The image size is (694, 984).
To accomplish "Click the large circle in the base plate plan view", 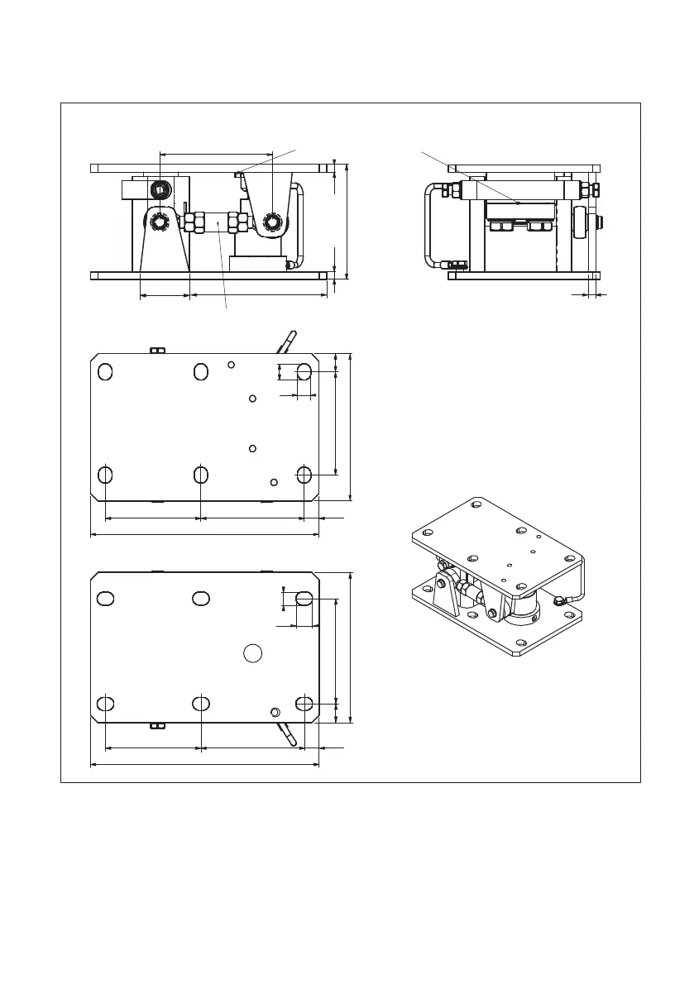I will [x=253, y=653].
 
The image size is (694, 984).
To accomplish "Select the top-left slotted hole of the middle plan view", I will [x=105, y=372].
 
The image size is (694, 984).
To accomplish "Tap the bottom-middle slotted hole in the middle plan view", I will [x=200, y=475].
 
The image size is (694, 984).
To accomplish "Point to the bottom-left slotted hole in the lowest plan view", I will [x=105, y=704].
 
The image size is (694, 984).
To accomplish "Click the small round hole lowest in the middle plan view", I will [x=275, y=481].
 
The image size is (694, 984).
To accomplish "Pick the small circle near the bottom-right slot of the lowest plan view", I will [x=276, y=711].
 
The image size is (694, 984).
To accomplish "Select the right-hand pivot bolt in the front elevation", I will [x=272, y=222].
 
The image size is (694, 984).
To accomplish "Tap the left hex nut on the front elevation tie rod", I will [x=194, y=222].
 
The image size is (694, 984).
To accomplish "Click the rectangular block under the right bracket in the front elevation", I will [x=259, y=264].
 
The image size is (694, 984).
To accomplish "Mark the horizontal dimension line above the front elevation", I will [x=215, y=153].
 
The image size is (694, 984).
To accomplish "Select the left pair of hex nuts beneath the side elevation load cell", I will [x=499, y=226].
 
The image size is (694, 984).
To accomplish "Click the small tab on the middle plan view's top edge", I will [x=157, y=350].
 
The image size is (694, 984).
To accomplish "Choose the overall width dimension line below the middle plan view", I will [x=204, y=534].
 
